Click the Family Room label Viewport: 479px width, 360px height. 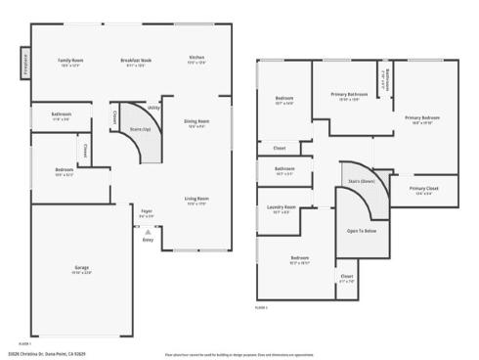point(70,60)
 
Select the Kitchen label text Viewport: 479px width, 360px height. point(196,58)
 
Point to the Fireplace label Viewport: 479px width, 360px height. point(24,65)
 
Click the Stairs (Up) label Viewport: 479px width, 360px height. point(140,128)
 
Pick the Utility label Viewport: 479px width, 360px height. point(153,107)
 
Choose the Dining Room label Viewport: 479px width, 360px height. point(196,121)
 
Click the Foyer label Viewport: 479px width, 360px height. point(147,210)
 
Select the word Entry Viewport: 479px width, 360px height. point(148,239)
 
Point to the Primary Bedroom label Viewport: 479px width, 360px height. point(421,117)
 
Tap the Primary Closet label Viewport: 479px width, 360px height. point(423,188)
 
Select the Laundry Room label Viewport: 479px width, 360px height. point(282,207)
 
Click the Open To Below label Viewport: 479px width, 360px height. point(362,231)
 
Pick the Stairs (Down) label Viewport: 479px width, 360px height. point(362,181)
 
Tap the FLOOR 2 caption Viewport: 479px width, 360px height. point(262,307)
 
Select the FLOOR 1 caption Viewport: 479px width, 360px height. point(24,343)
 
